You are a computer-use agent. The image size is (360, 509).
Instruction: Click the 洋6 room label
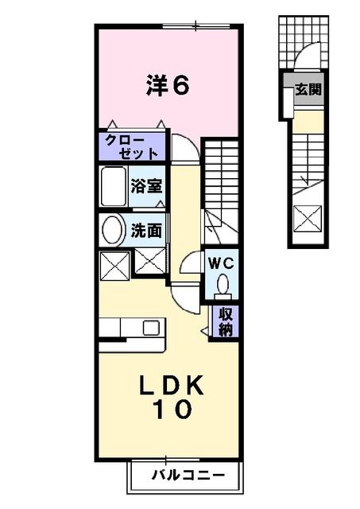[x=167, y=85]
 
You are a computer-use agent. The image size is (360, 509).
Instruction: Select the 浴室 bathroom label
[x=146, y=187]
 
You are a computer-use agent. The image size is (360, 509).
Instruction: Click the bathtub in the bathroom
[x=114, y=187]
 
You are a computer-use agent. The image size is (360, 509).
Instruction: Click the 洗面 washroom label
[x=146, y=231]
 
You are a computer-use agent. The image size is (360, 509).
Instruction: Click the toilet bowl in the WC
[x=223, y=284]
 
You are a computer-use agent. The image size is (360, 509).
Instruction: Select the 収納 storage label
[x=226, y=322]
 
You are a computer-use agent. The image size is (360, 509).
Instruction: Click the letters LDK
[x=172, y=387]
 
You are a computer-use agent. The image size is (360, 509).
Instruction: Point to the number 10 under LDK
[x=172, y=410]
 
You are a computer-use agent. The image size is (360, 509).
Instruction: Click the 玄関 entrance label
[x=308, y=90]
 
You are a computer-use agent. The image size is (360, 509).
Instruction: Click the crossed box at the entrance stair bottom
[x=308, y=216]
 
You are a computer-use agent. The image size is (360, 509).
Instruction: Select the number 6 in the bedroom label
[x=180, y=85]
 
